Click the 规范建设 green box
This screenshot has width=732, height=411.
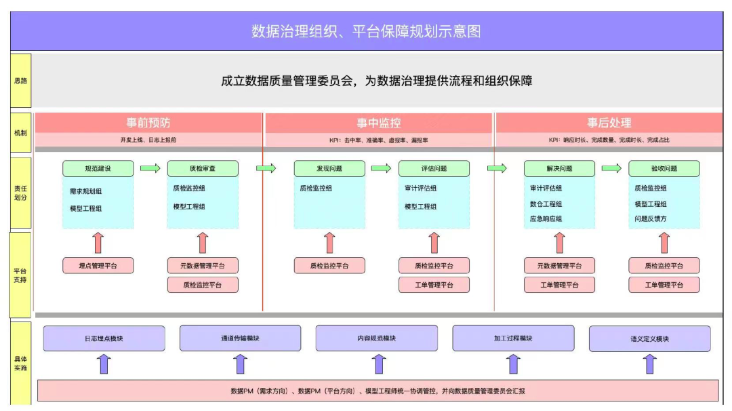(x=98, y=168)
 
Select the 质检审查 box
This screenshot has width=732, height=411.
(x=203, y=168)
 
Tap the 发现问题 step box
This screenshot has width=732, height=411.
(x=329, y=168)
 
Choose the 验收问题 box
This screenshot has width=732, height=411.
(x=664, y=168)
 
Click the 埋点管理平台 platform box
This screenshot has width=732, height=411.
(x=98, y=266)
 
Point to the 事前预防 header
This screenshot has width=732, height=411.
(x=148, y=123)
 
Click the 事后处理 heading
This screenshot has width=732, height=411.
(x=609, y=123)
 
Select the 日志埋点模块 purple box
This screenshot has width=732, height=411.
(x=104, y=338)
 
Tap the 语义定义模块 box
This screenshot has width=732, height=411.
(x=649, y=338)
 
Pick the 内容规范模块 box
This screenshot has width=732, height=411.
(x=376, y=338)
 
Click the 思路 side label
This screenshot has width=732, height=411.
(x=20, y=81)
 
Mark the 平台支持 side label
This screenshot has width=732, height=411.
(x=20, y=275)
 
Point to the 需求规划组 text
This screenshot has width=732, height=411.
(x=85, y=191)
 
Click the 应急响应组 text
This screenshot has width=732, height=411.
(x=546, y=219)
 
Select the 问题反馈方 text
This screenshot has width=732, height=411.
(x=650, y=219)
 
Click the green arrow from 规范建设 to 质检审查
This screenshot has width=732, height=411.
(x=150, y=168)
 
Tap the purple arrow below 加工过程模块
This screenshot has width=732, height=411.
(x=514, y=364)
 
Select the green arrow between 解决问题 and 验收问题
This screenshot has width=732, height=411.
(x=611, y=168)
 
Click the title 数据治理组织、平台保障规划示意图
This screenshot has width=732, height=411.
(x=366, y=31)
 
